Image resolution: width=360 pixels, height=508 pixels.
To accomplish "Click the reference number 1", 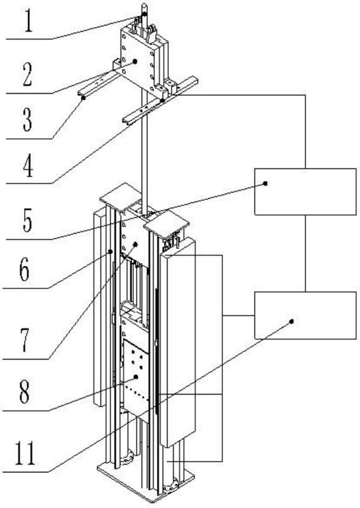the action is [x=29, y=21].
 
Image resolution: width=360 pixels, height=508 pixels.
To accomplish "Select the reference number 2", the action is [x=27, y=74].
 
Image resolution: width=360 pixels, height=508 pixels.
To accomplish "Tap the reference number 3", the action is [x=27, y=120].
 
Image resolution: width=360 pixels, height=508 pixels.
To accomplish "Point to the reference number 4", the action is [x=28, y=166].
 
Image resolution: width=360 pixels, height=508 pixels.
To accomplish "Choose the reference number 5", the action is [x=27, y=221].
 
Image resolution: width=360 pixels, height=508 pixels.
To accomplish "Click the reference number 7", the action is [x=25, y=340].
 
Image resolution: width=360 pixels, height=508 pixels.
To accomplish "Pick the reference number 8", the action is [x=24, y=392].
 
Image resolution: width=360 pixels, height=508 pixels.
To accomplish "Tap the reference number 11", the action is [x=25, y=453].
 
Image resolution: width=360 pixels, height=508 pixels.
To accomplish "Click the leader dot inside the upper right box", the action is [x=265, y=184].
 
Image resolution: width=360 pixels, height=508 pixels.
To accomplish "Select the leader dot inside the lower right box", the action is [x=291, y=321].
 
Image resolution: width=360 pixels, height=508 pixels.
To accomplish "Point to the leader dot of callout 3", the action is [x=83, y=97].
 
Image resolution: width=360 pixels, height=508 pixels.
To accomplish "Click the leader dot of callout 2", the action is [x=135, y=61].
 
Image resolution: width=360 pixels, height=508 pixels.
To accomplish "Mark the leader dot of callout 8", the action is [x=136, y=377].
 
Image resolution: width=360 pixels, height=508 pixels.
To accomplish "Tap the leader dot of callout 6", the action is [x=110, y=251].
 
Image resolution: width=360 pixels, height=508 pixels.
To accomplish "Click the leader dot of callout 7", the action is [x=136, y=244].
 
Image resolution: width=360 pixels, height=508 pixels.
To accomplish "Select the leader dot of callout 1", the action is [x=145, y=14].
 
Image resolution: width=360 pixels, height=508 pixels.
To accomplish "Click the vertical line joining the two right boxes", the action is [x=305, y=253].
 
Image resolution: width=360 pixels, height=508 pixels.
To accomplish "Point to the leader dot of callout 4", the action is [x=163, y=101].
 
